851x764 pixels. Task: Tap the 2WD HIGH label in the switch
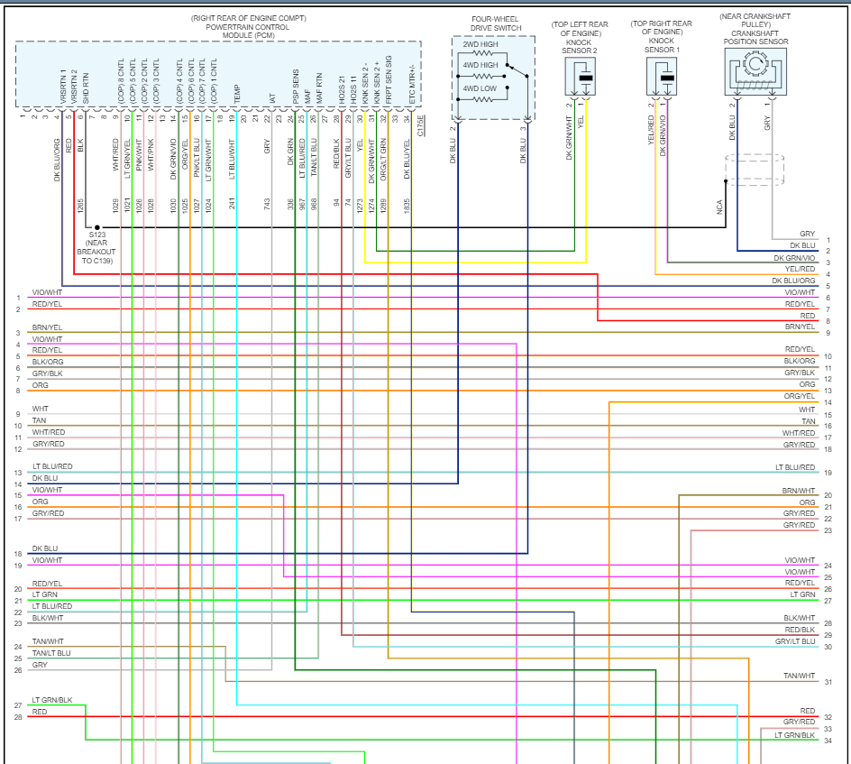480,44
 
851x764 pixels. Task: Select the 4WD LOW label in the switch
480,87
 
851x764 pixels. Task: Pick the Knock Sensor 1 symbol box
666,78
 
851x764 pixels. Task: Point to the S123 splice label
96,235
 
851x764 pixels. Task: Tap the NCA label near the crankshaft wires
719,207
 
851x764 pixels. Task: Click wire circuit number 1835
407,206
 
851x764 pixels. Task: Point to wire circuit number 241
232,206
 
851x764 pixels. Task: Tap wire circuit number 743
268,206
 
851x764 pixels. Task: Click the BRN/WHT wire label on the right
799,491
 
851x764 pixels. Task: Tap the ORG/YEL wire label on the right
799,396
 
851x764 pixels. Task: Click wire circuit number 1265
80,206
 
